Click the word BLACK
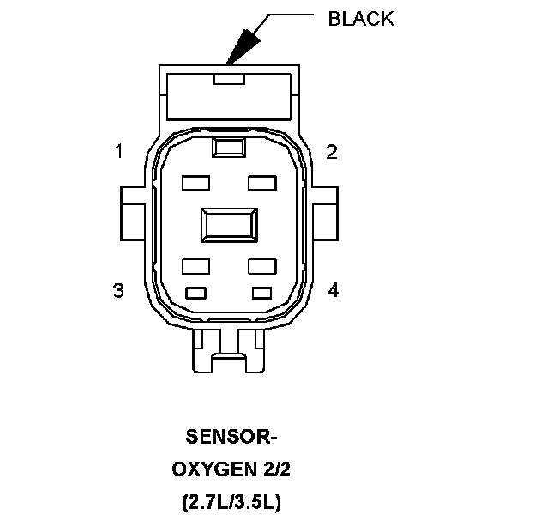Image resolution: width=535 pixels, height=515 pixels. coord(361,19)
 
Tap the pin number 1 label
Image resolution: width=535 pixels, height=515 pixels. coord(119,152)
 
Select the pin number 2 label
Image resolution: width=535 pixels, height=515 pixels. coord(332,152)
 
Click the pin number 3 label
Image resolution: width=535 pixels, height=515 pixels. coord(118,290)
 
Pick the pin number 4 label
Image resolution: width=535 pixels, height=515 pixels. coord(333,290)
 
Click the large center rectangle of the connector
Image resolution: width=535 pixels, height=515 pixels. coord(228,226)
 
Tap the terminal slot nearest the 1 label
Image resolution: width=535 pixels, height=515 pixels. coord(196,183)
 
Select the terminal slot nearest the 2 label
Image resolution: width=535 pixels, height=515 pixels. coord(261,183)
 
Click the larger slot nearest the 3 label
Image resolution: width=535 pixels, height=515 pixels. coord(196,265)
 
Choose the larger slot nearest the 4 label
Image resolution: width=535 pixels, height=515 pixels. coord(261,265)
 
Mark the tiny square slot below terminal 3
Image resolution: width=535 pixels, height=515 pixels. coord(196,292)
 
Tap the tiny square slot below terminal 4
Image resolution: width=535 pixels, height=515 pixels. coord(261,292)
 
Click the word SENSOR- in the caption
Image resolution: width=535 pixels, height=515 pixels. coord(231,438)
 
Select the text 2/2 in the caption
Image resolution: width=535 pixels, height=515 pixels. coord(276,470)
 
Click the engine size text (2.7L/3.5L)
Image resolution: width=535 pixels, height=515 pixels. coord(231,500)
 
